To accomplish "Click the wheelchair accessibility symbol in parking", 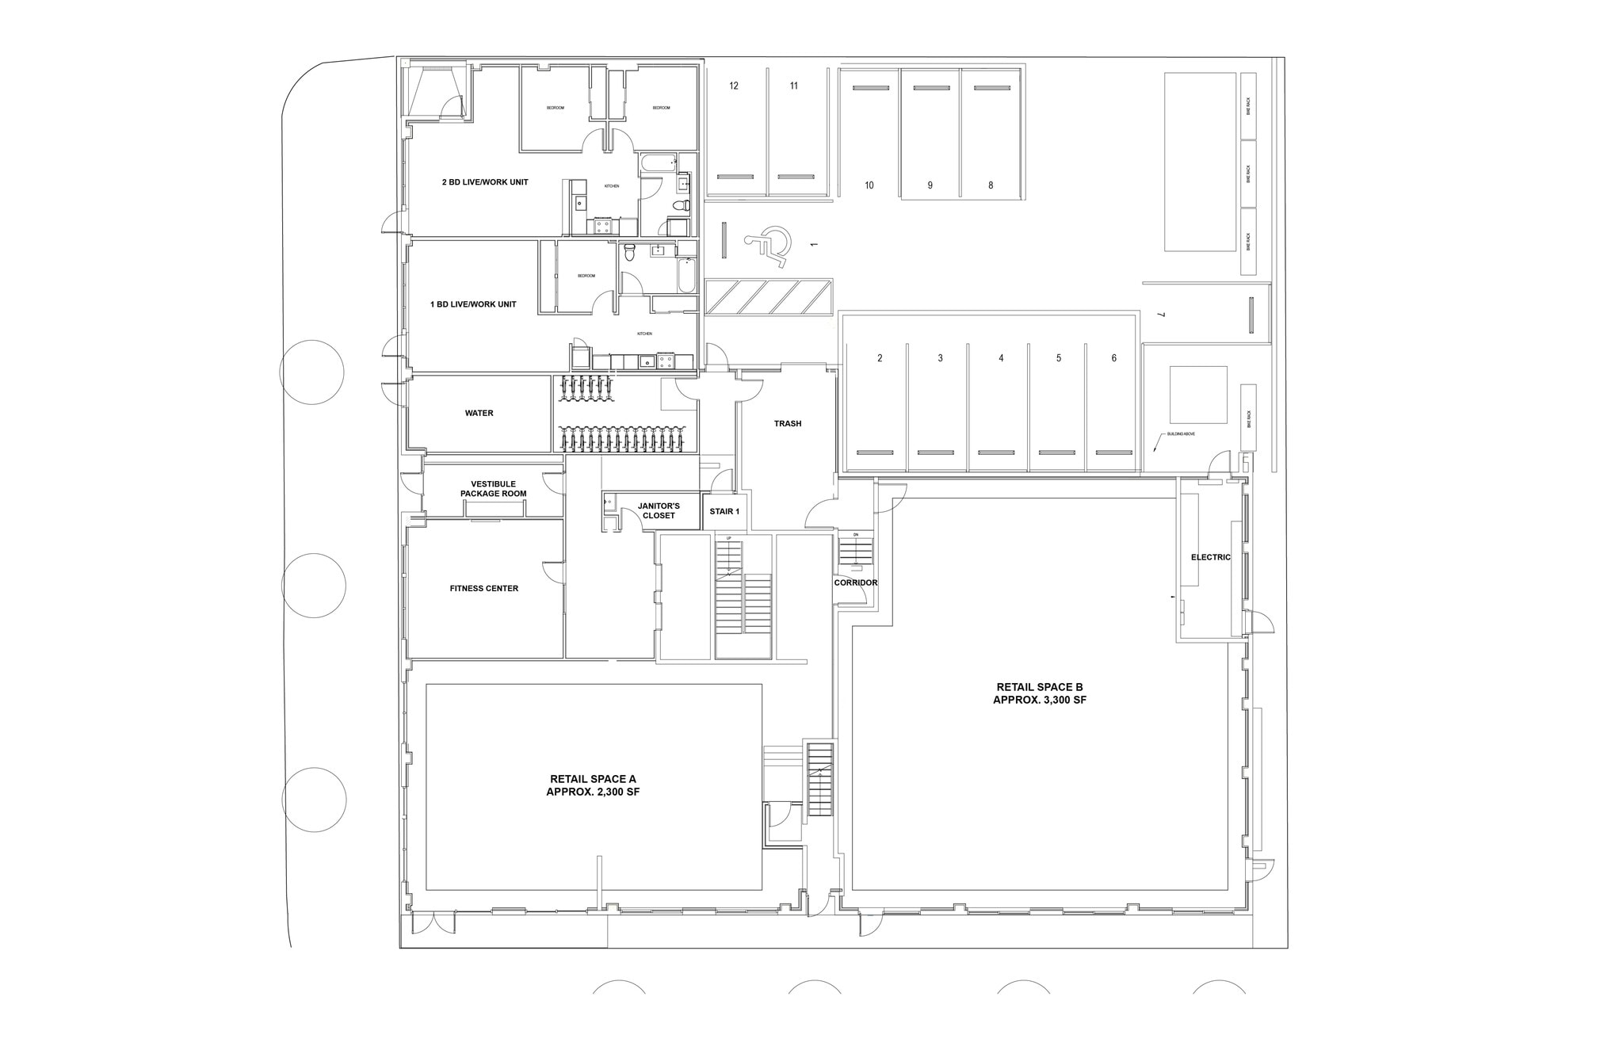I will [767, 242].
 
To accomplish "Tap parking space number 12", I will [734, 86].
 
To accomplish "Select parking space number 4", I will [1001, 358].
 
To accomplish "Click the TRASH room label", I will [788, 424].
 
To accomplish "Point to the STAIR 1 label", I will [724, 512].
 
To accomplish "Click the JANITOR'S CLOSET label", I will [659, 510].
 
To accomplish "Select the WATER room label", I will [479, 414].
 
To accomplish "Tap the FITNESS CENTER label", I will [483, 589].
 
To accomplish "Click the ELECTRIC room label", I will [1210, 558].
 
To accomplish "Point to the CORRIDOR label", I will [855, 583].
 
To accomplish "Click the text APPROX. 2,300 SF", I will [593, 792].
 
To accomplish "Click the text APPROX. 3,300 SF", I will [1039, 701].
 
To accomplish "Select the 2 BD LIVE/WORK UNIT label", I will [485, 182].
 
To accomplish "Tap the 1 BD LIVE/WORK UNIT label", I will [473, 304].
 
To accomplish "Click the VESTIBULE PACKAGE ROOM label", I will [493, 489].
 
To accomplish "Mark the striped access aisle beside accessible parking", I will [768, 297].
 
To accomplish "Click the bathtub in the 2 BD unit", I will [658, 165].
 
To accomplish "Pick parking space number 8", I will [991, 185].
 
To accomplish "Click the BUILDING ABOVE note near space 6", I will [1181, 435].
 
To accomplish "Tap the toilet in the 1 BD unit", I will [630, 252].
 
